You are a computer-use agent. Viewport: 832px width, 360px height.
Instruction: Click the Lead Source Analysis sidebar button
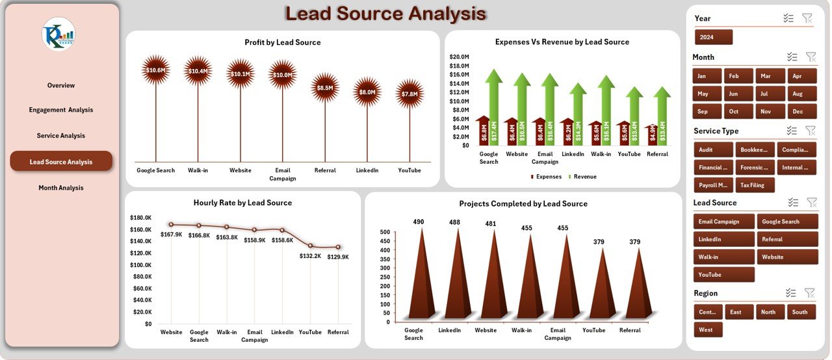[61, 162]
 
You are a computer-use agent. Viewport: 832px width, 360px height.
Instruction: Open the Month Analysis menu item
[61, 188]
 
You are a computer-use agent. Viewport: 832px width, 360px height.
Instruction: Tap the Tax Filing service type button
[753, 185]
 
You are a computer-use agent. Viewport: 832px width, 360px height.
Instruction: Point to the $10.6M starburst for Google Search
[155, 70]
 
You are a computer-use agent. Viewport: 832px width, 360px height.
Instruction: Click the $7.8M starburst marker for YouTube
[409, 94]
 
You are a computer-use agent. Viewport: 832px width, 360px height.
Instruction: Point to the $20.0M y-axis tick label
[460, 57]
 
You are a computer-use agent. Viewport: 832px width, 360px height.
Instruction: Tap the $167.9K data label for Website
[172, 235]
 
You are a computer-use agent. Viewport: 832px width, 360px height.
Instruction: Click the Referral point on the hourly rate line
[338, 247]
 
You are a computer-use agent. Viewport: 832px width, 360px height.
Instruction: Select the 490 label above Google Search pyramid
[419, 222]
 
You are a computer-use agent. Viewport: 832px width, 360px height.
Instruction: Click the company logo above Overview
[58, 34]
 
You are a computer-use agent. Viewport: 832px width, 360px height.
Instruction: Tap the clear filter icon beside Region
[809, 293]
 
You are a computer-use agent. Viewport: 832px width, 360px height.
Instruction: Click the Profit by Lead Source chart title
[282, 42]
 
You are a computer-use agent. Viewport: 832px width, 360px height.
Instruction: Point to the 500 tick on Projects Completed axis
[384, 232]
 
